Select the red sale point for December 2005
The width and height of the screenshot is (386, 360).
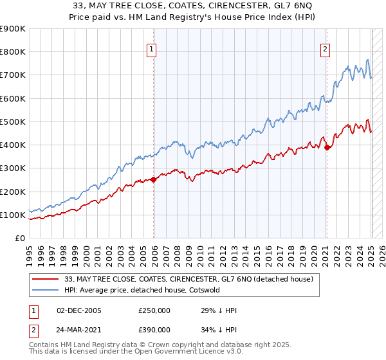[x=154, y=180]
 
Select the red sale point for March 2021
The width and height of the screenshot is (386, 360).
[x=327, y=147]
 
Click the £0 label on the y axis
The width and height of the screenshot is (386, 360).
[x=19, y=239]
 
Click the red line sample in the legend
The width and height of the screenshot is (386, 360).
[x=46, y=279]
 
